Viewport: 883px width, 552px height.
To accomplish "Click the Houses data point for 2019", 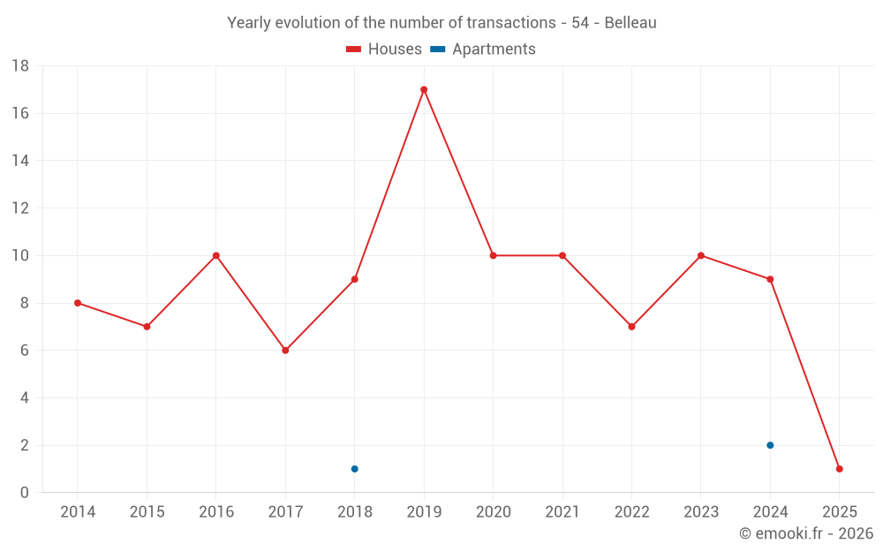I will [424, 89].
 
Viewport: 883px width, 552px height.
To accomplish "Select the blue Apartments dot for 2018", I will [354, 469].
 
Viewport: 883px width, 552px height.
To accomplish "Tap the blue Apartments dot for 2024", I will [770, 445].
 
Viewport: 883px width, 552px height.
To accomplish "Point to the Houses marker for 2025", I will [839, 469].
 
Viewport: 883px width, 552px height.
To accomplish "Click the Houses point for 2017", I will [285, 351].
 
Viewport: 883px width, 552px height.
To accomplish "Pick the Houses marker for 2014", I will [78, 303].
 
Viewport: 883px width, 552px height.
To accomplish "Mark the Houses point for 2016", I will [216, 255].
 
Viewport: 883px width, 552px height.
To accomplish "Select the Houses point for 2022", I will [631, 327].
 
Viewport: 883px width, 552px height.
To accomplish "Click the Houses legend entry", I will [384, 49].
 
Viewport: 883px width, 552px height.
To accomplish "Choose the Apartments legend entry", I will [483, 49].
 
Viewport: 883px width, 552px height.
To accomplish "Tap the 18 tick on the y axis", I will [19, 66].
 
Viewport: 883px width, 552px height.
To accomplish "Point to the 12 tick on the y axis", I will [19, 208].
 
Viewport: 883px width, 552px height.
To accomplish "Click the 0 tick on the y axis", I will [24, 493].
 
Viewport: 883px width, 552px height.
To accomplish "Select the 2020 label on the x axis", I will [493, 512].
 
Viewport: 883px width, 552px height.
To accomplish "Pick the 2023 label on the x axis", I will [700, 512].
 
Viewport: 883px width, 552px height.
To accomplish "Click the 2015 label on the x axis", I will [147, 512].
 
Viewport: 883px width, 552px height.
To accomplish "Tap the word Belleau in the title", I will [630, 23].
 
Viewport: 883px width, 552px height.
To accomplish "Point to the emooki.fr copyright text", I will [806, 533].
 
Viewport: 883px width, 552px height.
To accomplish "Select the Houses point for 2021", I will [562, 255].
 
